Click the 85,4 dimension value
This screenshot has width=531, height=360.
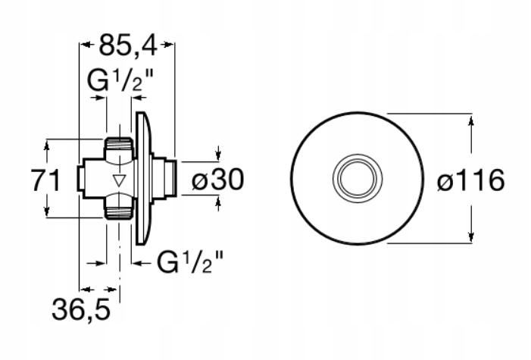point(128,45)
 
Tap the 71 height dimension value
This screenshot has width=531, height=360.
point(45,180)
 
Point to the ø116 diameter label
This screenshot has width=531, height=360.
point(471,180)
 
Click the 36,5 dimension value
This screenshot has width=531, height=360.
point(81,310)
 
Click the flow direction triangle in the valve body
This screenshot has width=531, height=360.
point(120,180)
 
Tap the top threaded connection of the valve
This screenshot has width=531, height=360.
point(119,148)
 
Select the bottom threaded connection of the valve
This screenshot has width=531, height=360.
point(119,208)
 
